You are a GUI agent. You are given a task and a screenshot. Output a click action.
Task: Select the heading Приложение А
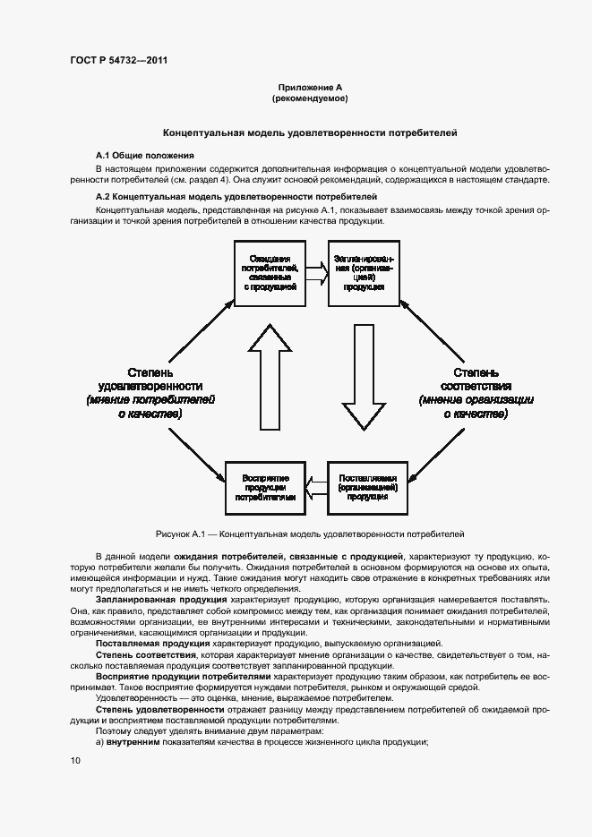(310, 87)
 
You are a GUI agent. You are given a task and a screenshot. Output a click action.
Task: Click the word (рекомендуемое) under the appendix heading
(310, 98)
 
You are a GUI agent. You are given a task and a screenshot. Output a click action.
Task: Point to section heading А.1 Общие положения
(145, 156)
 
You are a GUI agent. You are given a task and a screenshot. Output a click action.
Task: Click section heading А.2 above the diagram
(236, 196)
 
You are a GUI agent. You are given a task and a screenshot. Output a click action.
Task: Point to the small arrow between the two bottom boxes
(316, 487)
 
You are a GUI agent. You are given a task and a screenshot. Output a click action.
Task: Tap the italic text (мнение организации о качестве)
(476, 407)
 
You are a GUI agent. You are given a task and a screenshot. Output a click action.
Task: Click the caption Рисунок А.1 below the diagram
(310, 534)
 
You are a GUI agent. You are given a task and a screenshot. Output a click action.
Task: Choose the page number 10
(75, 761)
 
